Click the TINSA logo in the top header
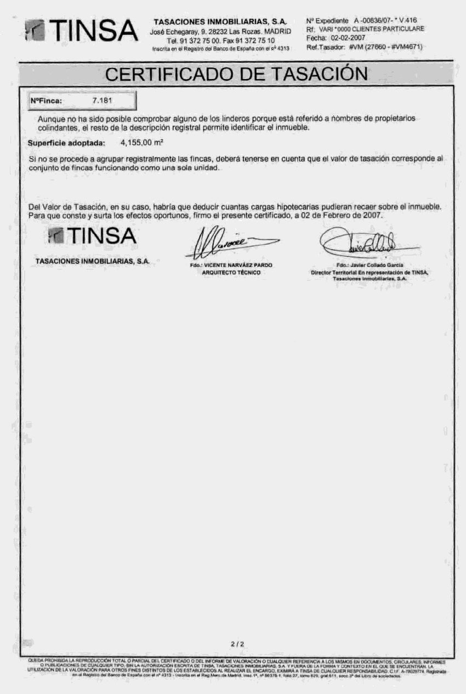tap(81, 31)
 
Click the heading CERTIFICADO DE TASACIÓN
tap(236, 74)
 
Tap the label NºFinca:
tap(46, 101)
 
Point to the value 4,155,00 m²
tap(141, 143)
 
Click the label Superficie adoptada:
tap(66, 143)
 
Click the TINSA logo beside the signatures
tap(92, 236)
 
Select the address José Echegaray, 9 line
tap(220, 32)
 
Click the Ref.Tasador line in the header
tap(365, 47)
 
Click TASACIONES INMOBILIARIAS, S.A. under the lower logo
tap(92, 261)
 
